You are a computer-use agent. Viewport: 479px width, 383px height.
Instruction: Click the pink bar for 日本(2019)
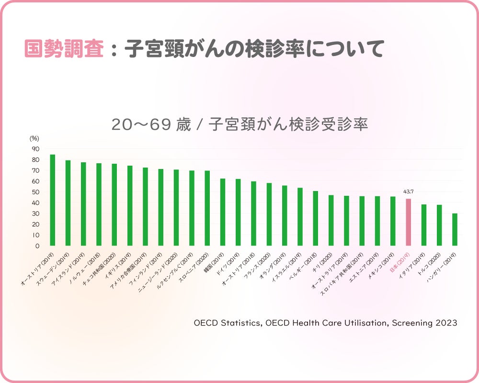point(408,222)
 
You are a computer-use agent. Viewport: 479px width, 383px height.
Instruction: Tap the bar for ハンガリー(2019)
point(455,230)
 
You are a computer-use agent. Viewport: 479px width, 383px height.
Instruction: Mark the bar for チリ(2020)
point(331,220)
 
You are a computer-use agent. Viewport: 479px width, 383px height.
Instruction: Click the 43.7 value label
point(408,191)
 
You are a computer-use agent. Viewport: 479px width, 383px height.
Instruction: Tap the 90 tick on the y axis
point(36,149)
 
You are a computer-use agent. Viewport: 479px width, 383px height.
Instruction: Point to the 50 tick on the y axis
point(36,192)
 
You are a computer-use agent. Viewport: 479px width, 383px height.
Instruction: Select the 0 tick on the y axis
point(37,246)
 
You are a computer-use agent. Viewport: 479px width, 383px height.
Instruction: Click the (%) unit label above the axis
point(34,138)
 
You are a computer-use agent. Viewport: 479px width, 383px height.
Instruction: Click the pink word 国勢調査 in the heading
point(64,49)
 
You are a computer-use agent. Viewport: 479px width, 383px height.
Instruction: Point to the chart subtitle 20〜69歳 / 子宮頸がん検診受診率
point(239,124)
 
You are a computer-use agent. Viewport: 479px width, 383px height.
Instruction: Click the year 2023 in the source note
point(446,323)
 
